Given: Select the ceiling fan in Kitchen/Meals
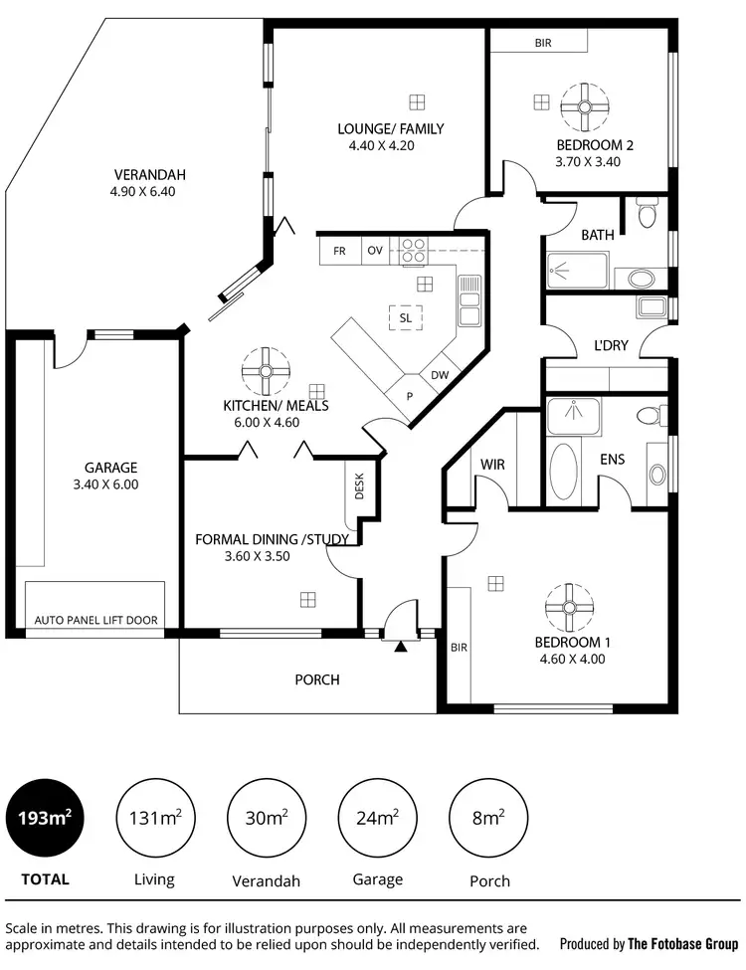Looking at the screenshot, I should click(x=266, y=370).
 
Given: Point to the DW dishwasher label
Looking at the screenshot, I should click(x=439, y=375).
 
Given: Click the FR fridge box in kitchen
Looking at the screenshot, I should click(x=339, y=251).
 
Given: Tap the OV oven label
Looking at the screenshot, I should click(x=375, y=251).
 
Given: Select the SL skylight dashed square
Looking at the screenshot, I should click(x=405, y=317).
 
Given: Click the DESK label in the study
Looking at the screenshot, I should click(x=358, y=486).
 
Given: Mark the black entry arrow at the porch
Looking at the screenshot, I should click(x=401, y=648).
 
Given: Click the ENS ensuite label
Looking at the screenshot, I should click(x=612, y=460).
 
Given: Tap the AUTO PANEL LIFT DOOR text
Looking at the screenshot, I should click(x=95, y=620).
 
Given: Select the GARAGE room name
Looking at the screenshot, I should click(x=110, y=468).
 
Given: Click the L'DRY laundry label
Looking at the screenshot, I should click(x=610, y=345).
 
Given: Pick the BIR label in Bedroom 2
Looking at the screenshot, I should click(x=542, y=43).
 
